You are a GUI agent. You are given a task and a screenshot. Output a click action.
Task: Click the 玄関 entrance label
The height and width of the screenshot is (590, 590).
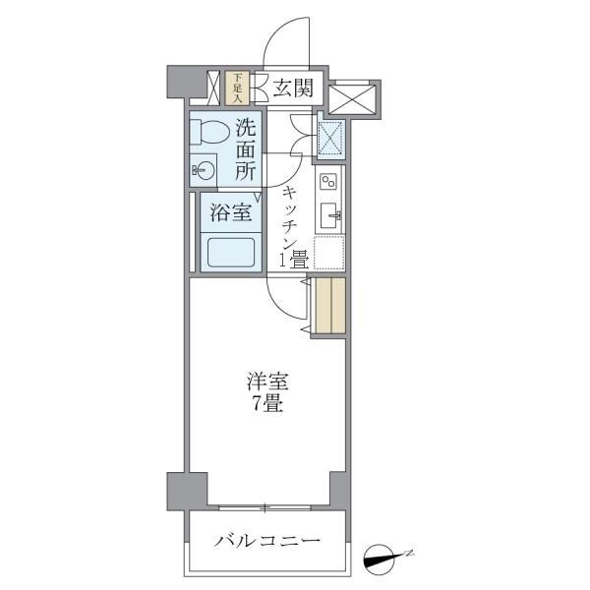coord(292,88)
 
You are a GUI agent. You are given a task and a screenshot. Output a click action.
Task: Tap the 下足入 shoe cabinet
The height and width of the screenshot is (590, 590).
coord(236,88)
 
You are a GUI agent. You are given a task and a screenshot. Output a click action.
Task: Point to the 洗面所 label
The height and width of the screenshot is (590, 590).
coord(246,148)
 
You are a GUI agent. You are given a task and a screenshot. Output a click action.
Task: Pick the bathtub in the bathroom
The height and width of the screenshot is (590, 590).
coord(228,254)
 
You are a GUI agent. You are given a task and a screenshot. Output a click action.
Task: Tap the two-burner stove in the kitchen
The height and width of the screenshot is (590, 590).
coord(327,181)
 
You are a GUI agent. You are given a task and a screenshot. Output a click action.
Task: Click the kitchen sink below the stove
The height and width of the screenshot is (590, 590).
coord(328,216)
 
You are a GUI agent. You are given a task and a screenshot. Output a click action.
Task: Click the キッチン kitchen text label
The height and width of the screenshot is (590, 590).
coord(291,216)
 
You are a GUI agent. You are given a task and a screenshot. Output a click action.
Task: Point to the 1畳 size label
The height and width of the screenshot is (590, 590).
coord(295,262)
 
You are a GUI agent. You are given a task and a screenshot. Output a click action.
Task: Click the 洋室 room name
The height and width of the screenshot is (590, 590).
coord(265,383)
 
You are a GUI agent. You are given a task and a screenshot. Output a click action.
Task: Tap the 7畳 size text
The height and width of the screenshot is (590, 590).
coord(265,403)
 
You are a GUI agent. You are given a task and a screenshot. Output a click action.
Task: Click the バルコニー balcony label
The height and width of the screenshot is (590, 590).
coord(266,542)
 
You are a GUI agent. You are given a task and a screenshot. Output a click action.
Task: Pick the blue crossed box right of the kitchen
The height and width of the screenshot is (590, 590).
coord(328,136)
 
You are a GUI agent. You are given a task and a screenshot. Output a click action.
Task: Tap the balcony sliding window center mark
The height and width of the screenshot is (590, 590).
coord(265,507)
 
